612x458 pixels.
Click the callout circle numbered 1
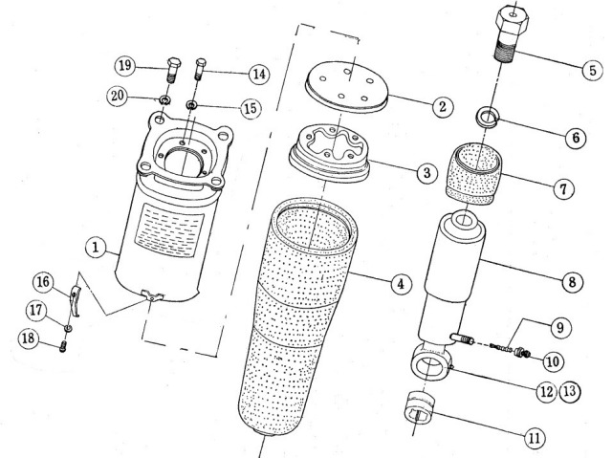(x=94, y=248)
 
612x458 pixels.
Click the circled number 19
(x=124, y=67)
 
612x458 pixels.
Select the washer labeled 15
(x=192, y=104)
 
